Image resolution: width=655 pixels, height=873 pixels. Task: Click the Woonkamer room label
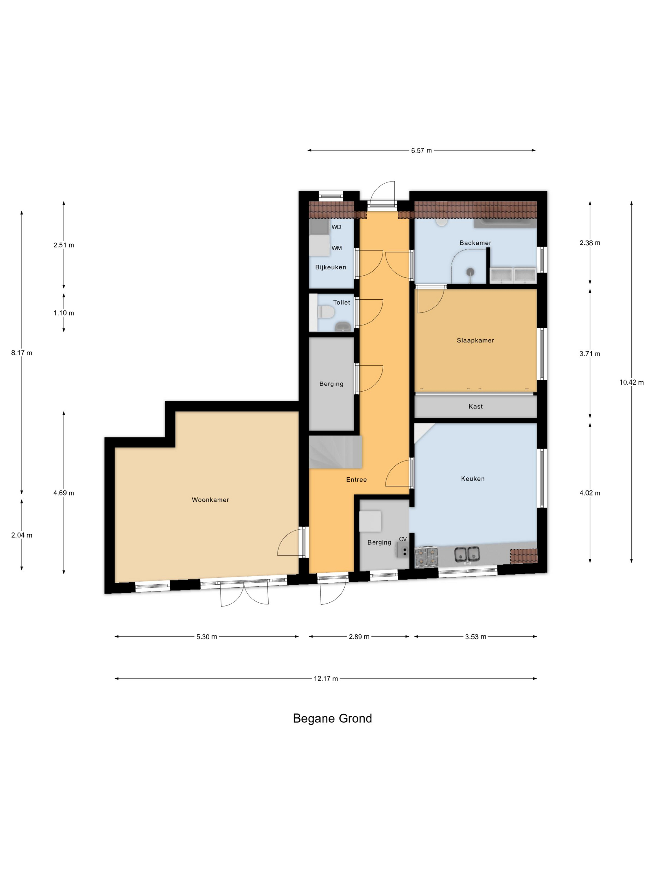211,500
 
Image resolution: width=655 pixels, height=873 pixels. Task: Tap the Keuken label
473,479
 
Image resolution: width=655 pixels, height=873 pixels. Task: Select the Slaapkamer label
475,340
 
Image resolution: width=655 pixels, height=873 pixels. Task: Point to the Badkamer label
475,243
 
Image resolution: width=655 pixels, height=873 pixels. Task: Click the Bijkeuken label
330,267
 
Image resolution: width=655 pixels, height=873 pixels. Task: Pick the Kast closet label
475,407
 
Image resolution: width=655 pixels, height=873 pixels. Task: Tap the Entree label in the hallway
357,480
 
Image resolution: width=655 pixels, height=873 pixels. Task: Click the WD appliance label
336,227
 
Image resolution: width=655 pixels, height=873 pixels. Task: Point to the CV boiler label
403,539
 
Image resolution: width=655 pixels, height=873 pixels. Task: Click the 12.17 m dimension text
326,679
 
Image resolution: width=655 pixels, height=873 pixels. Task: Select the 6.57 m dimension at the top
421,150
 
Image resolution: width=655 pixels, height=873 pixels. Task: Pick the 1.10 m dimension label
64,313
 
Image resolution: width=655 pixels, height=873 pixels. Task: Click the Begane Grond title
332,719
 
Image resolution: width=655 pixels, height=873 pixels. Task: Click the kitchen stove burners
427,555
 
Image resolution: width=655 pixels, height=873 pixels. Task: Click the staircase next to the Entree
335,452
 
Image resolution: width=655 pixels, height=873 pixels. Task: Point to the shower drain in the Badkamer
470,272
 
